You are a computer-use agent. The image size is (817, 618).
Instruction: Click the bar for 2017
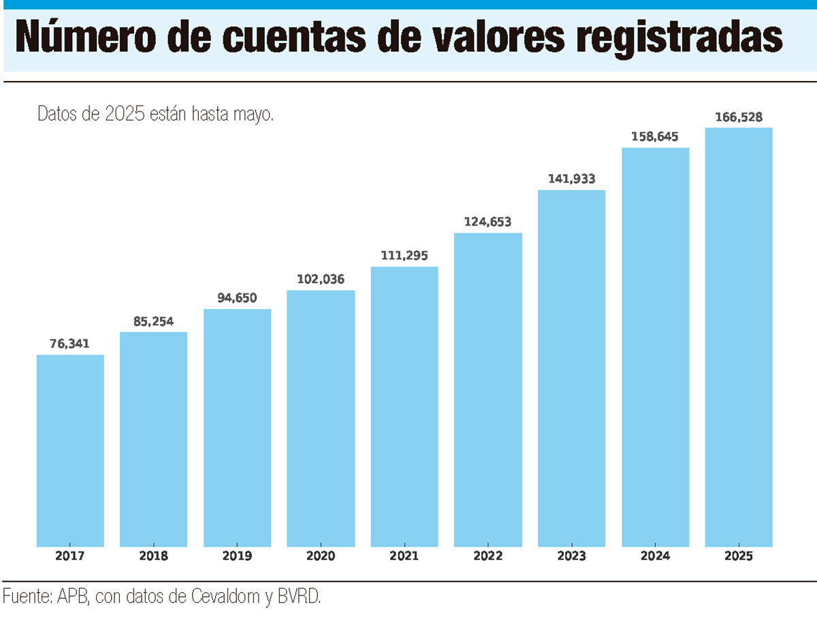70,451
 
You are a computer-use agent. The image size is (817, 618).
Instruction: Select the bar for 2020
321,418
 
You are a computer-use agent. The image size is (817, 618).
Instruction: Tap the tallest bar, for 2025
739,337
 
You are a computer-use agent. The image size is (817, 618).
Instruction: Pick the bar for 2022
488,389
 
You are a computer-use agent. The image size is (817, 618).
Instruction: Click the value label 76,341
70,343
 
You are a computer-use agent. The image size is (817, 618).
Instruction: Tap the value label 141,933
572,179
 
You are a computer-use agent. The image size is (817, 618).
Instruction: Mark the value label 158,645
655,137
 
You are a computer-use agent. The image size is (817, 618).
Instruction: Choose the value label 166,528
739,116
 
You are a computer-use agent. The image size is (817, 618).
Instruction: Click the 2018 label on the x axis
154,556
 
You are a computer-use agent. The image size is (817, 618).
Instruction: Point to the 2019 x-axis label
238,556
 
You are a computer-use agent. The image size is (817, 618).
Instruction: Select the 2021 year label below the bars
404,556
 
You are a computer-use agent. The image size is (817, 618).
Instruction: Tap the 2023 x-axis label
572,556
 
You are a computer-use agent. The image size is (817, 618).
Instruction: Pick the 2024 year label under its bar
655,556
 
